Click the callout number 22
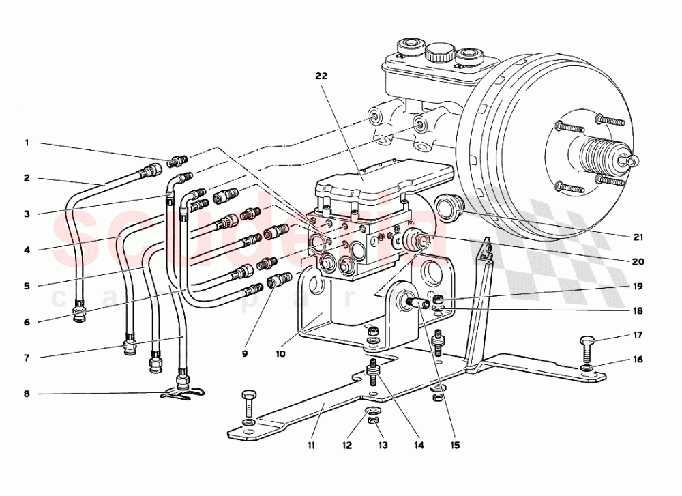point(321,76)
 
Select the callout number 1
point(27,143)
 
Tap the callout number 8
point(27,394)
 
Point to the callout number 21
point(638,237)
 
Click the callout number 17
point(638,335)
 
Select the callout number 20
point(638,261)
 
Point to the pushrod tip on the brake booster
point(633,161)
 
